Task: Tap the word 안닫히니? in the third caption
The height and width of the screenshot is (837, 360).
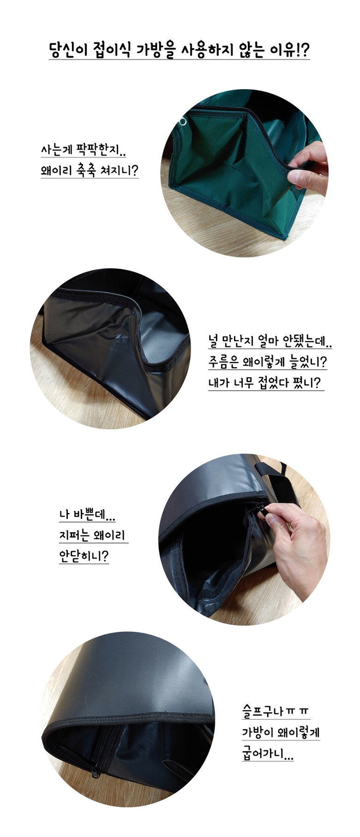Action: pos(84,556)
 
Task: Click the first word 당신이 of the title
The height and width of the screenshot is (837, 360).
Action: pos(68,49)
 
